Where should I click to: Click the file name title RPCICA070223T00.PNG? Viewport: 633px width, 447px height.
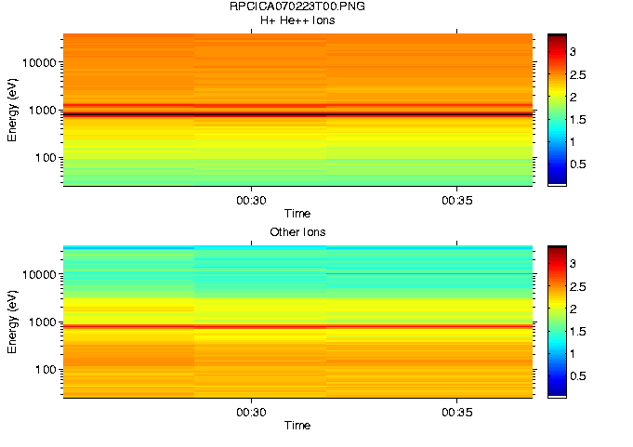point(297,7)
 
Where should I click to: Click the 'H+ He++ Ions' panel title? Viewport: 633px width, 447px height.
point(297,20)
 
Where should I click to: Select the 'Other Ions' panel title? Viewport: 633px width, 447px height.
point(297,231)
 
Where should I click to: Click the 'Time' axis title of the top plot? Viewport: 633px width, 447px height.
point(297,214)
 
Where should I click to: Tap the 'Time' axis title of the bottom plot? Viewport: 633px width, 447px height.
point(297,426)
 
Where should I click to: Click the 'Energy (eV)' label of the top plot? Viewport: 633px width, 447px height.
point(12,110)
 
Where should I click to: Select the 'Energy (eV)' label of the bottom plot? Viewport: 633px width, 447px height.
point(12,322)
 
